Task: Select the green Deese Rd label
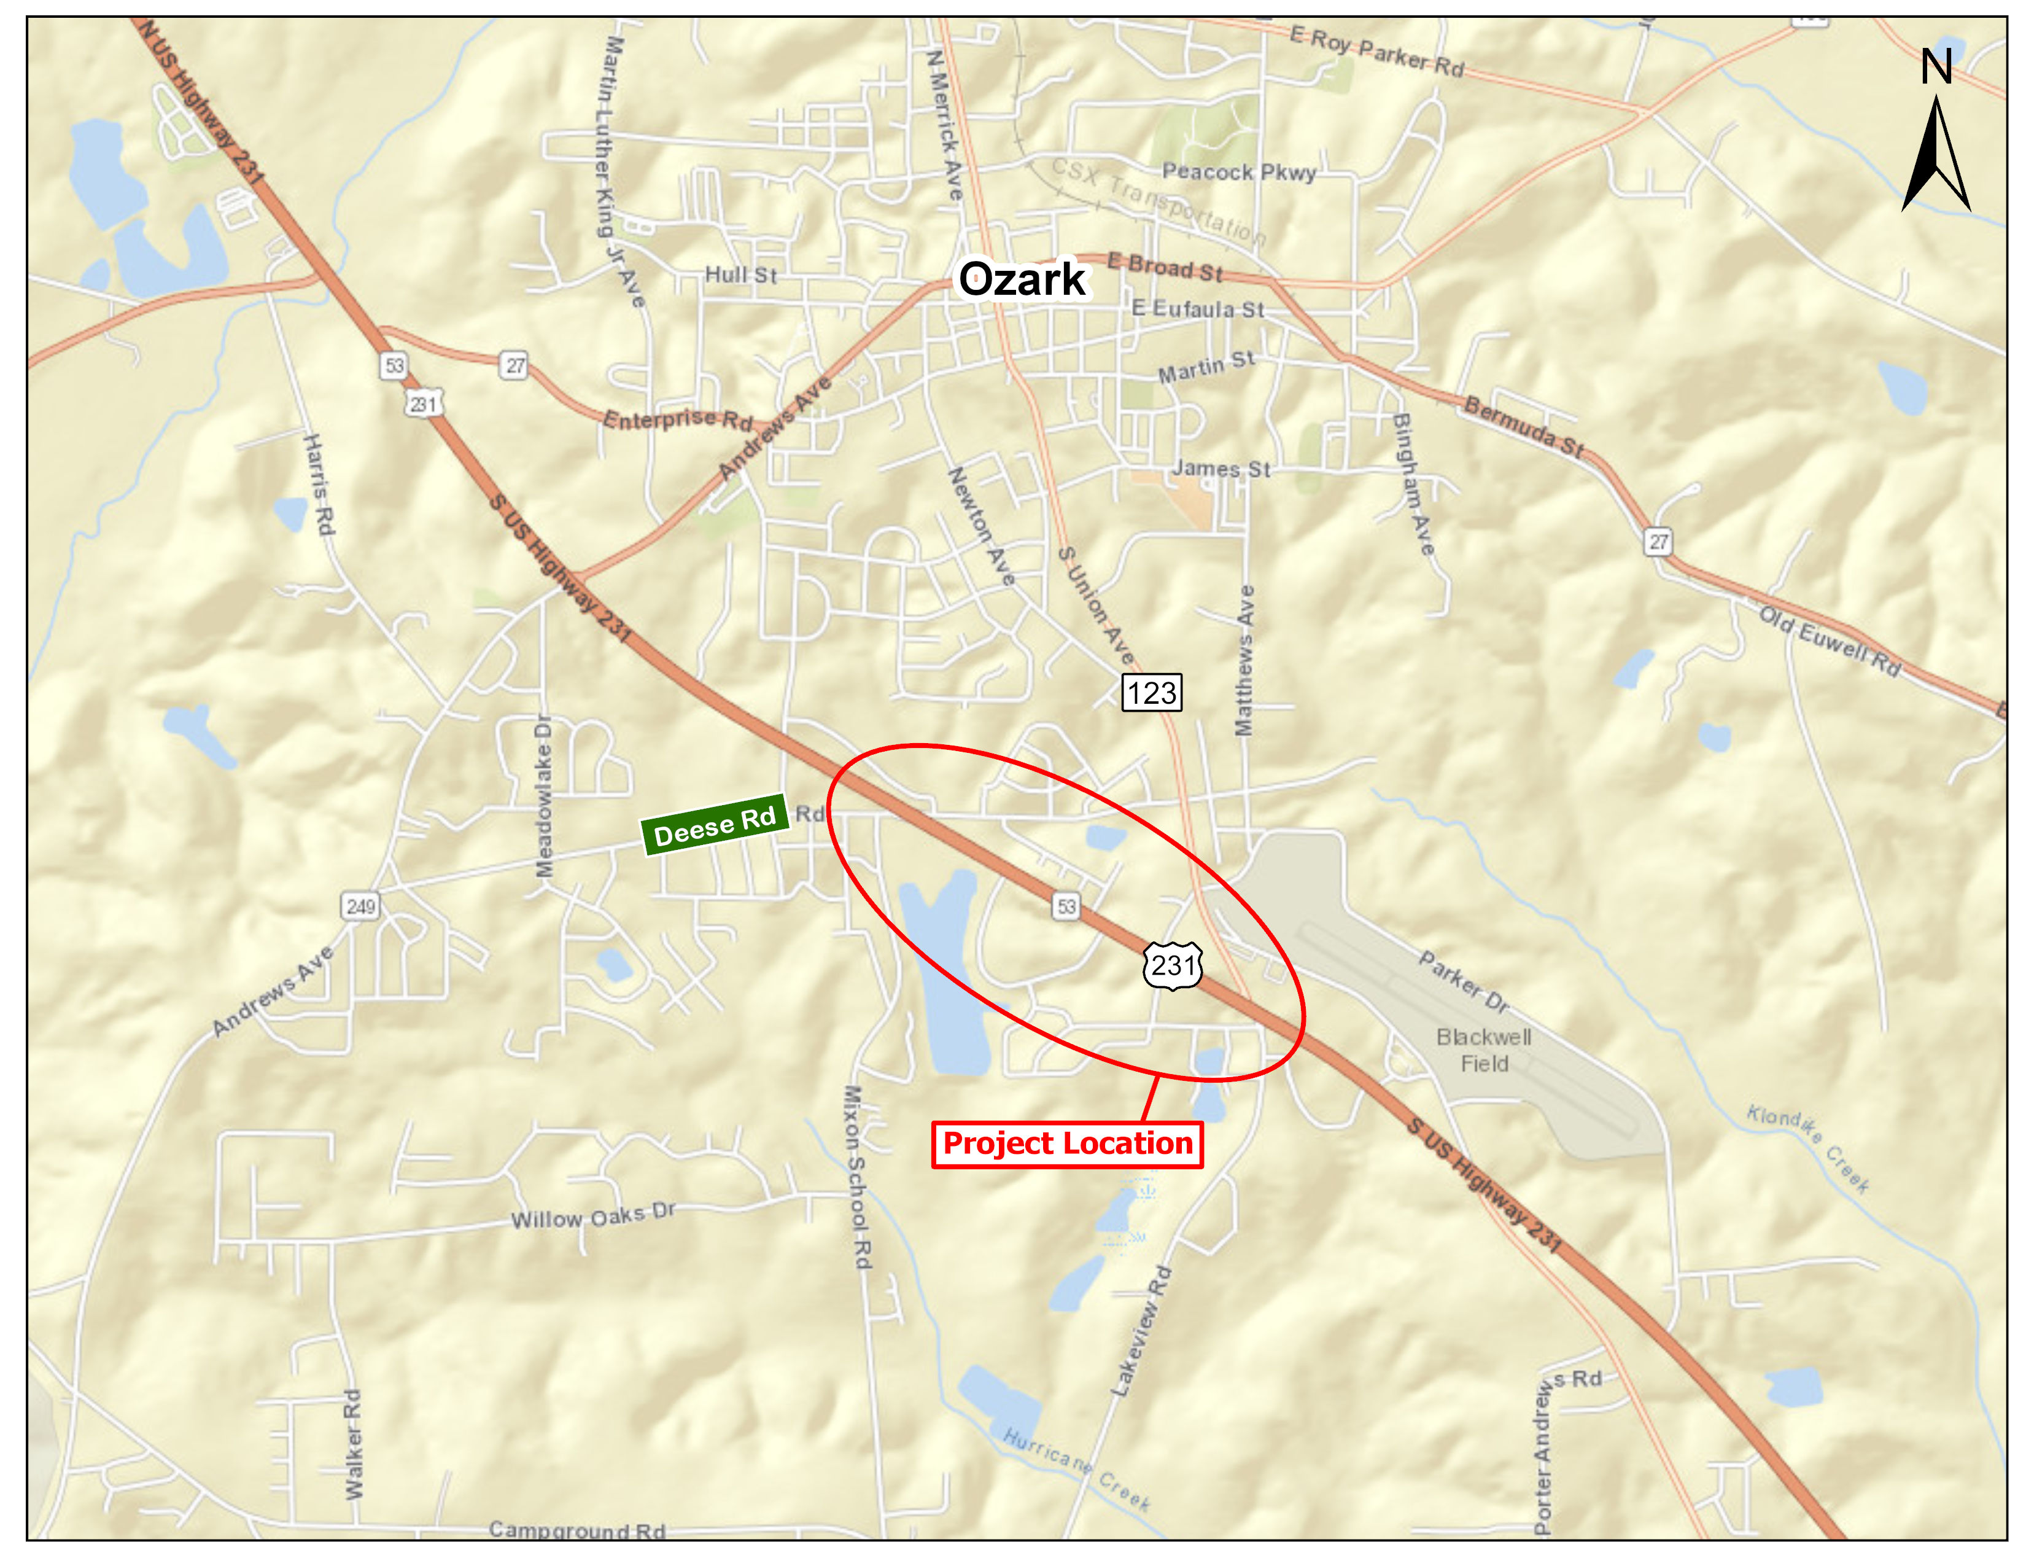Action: coord(714,825)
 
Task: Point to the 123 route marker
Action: coord(1151,693)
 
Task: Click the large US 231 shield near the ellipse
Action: coord(1173,966)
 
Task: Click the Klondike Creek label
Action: coord(1808,1148)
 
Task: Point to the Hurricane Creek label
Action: coord(1076,1468)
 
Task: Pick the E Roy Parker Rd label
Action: coord(1376,52)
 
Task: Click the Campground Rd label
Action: coord(577,1530)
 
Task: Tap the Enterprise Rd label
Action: coord(677,419)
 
